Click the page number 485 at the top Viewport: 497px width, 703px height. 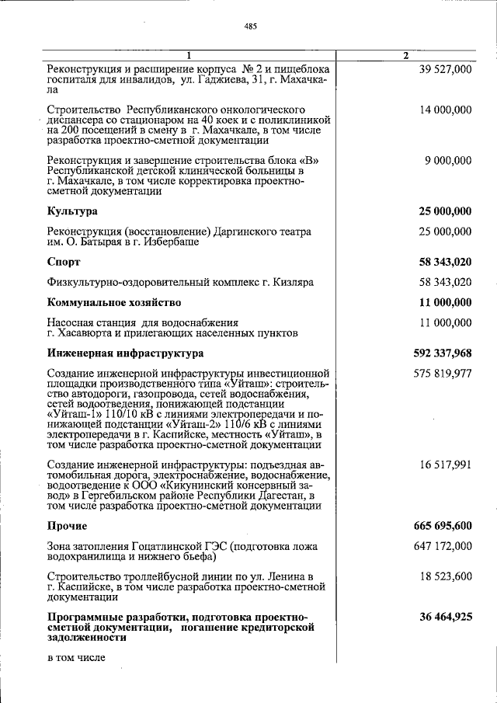tap(250, 26)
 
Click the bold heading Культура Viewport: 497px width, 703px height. tap(72, 211)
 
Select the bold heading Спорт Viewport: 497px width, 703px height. tap(64, 262)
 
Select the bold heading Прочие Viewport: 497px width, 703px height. tap(67, 526)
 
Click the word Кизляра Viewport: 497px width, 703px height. tap(293, 282)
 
